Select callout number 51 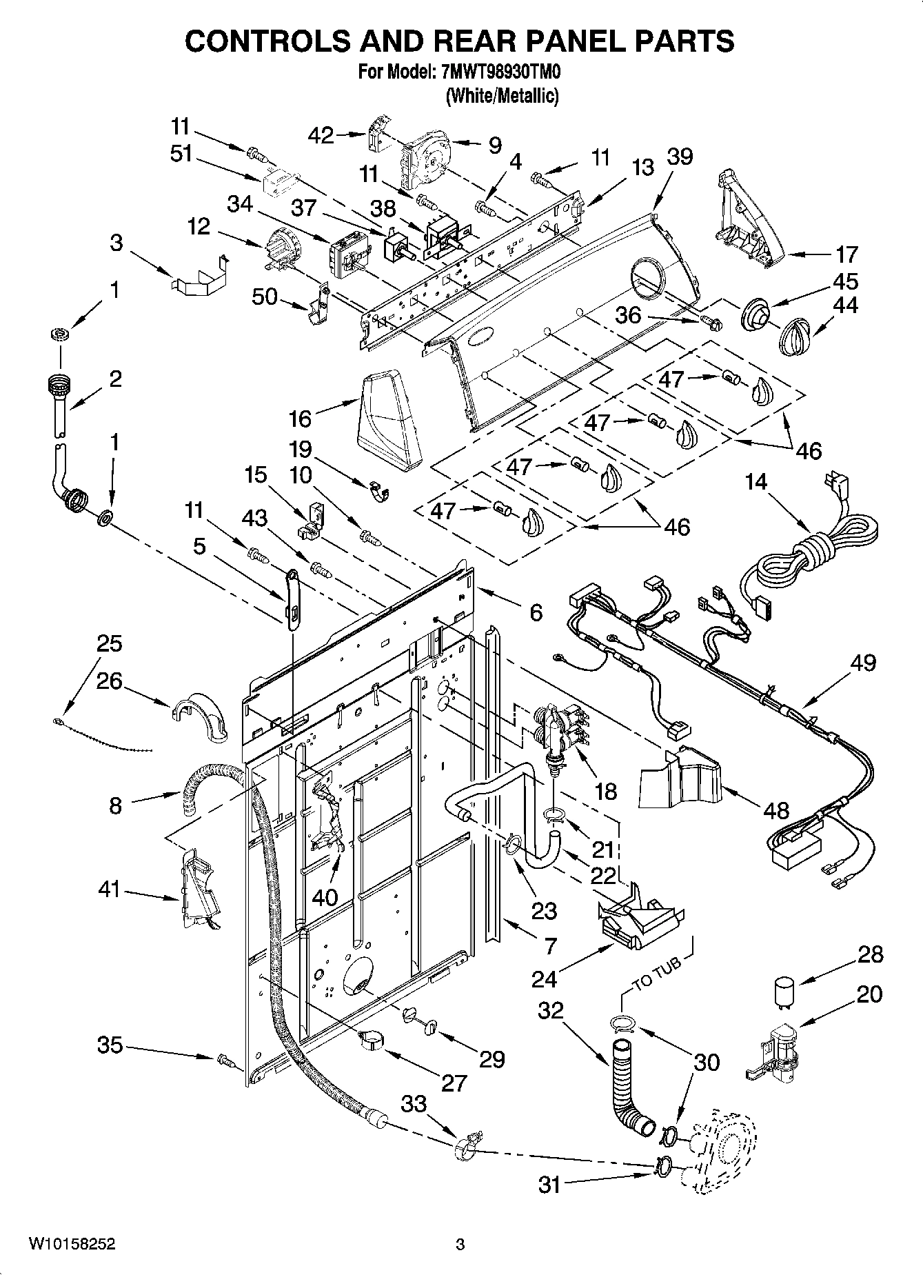pyautogui.click(x=181, y=154)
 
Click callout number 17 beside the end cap pyautogui.click(x=846, y=254)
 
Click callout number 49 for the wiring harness pyautogui.click(x=863, y=663)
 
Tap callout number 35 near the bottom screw pyautogui.click(x=110, y=1045)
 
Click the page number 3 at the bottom pyautogui.click(x=460, y=1245)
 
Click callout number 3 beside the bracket pyautogui.click(x=116, y=243)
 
